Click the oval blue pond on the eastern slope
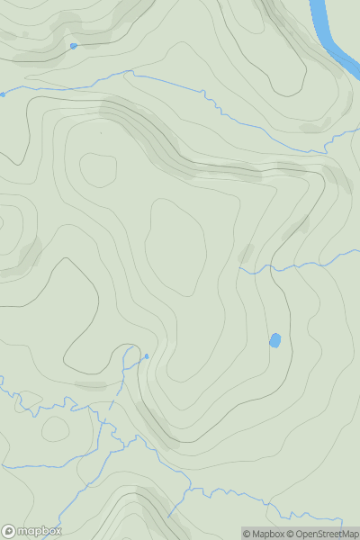(274, 340)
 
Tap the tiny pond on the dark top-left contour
(73, 45)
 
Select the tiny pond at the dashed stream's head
(147, 357)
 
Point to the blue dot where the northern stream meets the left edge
(2, 94)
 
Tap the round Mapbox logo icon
(9, 531)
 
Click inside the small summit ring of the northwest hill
(99, 169)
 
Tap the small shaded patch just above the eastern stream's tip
(246, 253)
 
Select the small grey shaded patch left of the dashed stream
(90, 385)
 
